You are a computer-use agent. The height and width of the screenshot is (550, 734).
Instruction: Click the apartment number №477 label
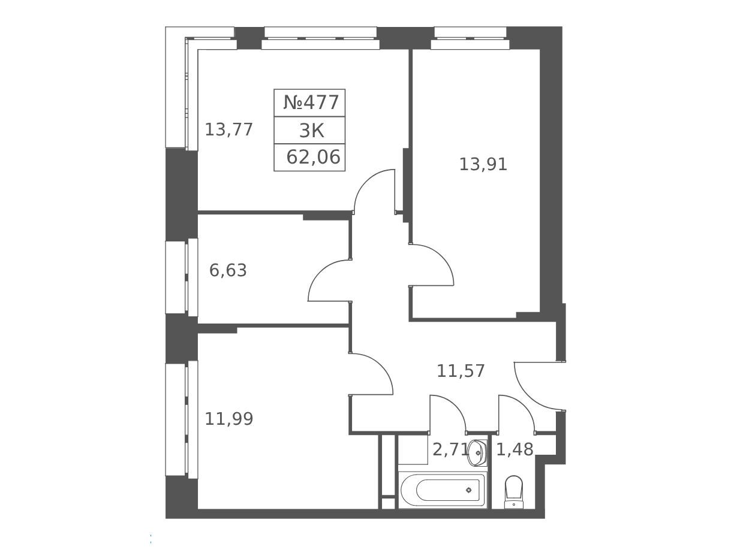pos(311,102)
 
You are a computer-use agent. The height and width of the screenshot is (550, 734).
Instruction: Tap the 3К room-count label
pos(311,131)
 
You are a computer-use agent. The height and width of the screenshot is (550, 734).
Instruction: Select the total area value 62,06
pos(313,157)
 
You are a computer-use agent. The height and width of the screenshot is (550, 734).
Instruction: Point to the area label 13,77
pos(228,129)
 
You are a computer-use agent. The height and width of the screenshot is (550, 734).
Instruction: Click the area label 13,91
pos(483,164)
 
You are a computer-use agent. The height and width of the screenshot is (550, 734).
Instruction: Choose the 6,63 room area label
pos(228,270)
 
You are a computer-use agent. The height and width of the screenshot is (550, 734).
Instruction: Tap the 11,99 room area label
pos(228,419)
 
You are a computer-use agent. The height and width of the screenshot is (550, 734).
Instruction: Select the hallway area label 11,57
pos(461,371)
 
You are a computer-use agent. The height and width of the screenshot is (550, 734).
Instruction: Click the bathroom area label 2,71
pos(450,449)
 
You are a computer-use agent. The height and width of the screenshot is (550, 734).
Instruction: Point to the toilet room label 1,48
pos(515,449)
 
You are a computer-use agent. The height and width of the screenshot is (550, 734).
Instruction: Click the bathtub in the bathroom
pos(443,490)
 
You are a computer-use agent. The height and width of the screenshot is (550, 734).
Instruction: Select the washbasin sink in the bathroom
pos(477,453)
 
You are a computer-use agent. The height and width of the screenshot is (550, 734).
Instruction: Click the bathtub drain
pos(469,490)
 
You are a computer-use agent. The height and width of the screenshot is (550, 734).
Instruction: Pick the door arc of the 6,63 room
pos(320,272)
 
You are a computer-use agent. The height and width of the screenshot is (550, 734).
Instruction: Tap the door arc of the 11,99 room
pos(381,366)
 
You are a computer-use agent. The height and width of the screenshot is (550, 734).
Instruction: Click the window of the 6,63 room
pos(182,277)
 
